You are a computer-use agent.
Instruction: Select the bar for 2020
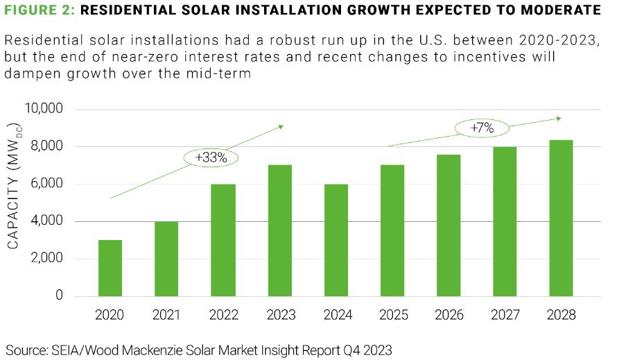110,268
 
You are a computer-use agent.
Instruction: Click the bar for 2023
280,230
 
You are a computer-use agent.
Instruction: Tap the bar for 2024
336,240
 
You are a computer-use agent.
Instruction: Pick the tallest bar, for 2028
561,218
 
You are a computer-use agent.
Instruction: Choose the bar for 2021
167,259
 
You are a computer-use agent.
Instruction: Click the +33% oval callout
211,157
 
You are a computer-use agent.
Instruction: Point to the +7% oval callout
481,128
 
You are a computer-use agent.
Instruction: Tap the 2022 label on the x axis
223,315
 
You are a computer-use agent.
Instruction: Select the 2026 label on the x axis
448,315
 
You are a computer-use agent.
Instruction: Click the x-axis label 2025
392,315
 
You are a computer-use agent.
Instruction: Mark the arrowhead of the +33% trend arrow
280,126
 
